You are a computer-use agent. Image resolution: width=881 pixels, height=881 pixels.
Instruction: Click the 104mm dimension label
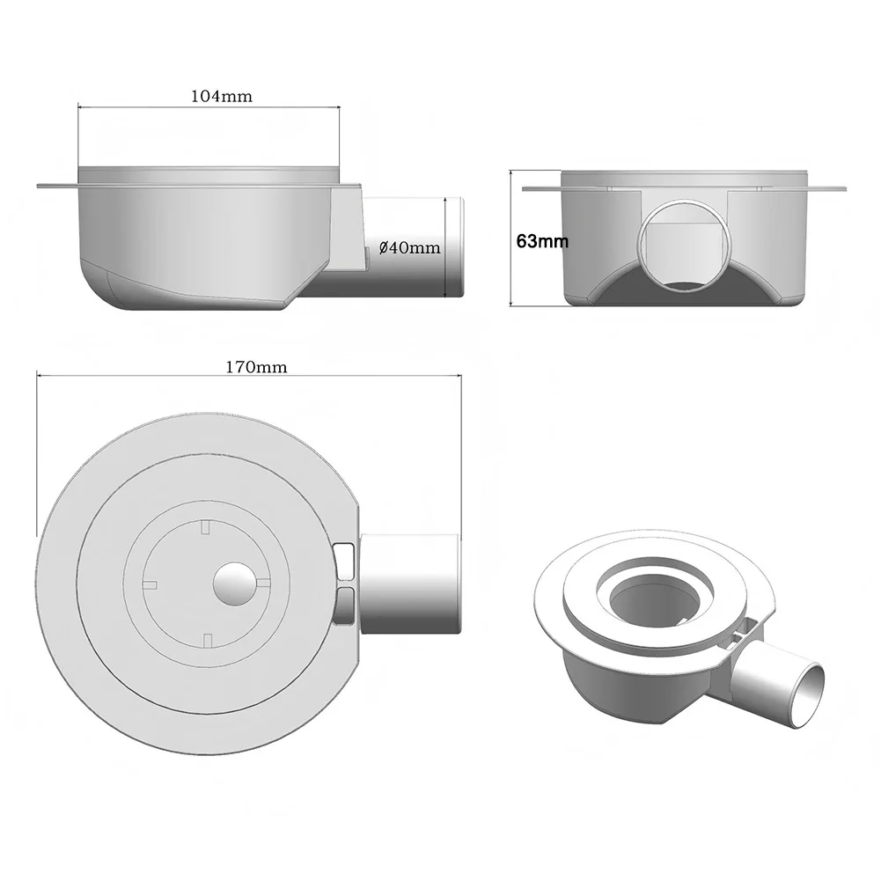click(x=221, y=97)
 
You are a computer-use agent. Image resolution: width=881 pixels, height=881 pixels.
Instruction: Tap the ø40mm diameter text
click(x=409, y=248)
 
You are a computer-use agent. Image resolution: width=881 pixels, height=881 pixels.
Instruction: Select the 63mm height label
click(x=542, y=240)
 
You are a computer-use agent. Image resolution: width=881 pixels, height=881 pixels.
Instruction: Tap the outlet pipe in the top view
click(x=411, y=583)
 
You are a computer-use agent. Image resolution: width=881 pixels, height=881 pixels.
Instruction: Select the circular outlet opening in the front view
click(x=684, y=244)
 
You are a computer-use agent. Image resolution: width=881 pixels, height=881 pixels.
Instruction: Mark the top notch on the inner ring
click(x=204, y=526)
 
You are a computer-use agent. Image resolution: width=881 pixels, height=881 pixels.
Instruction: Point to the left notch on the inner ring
click(x=149, y=584)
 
